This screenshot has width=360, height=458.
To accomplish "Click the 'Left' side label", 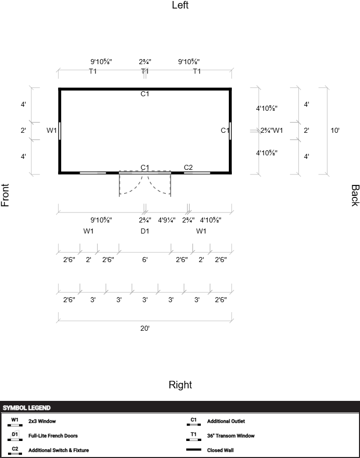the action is [180, 5].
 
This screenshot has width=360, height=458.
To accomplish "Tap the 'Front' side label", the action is [5, 195].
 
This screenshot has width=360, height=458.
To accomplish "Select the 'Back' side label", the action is [355, 195].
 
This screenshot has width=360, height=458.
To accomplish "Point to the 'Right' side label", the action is [180, 385].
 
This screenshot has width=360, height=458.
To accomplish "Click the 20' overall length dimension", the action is [145, 328].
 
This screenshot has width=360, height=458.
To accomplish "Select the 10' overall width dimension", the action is [335, 130].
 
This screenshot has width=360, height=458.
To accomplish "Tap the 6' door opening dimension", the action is [145, 260].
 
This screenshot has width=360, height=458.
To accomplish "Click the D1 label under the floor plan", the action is [145, 231].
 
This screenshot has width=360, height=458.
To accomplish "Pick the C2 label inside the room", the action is [188, 167].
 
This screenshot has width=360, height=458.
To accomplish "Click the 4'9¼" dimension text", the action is [167, 220].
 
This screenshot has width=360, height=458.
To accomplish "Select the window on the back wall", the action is [230, 131].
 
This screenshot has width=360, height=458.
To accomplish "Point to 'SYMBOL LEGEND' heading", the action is [27, 408].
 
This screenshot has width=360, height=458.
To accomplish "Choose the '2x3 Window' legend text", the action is [42, 421].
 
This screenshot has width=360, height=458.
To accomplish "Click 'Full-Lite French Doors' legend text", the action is [53, 436].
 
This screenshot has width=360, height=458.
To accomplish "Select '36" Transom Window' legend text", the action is [231, 436].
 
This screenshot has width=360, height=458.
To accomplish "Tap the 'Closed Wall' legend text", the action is [220, 450].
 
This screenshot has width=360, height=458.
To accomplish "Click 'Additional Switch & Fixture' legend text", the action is [59, 450].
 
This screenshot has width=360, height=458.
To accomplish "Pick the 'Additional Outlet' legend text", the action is [226, 421].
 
